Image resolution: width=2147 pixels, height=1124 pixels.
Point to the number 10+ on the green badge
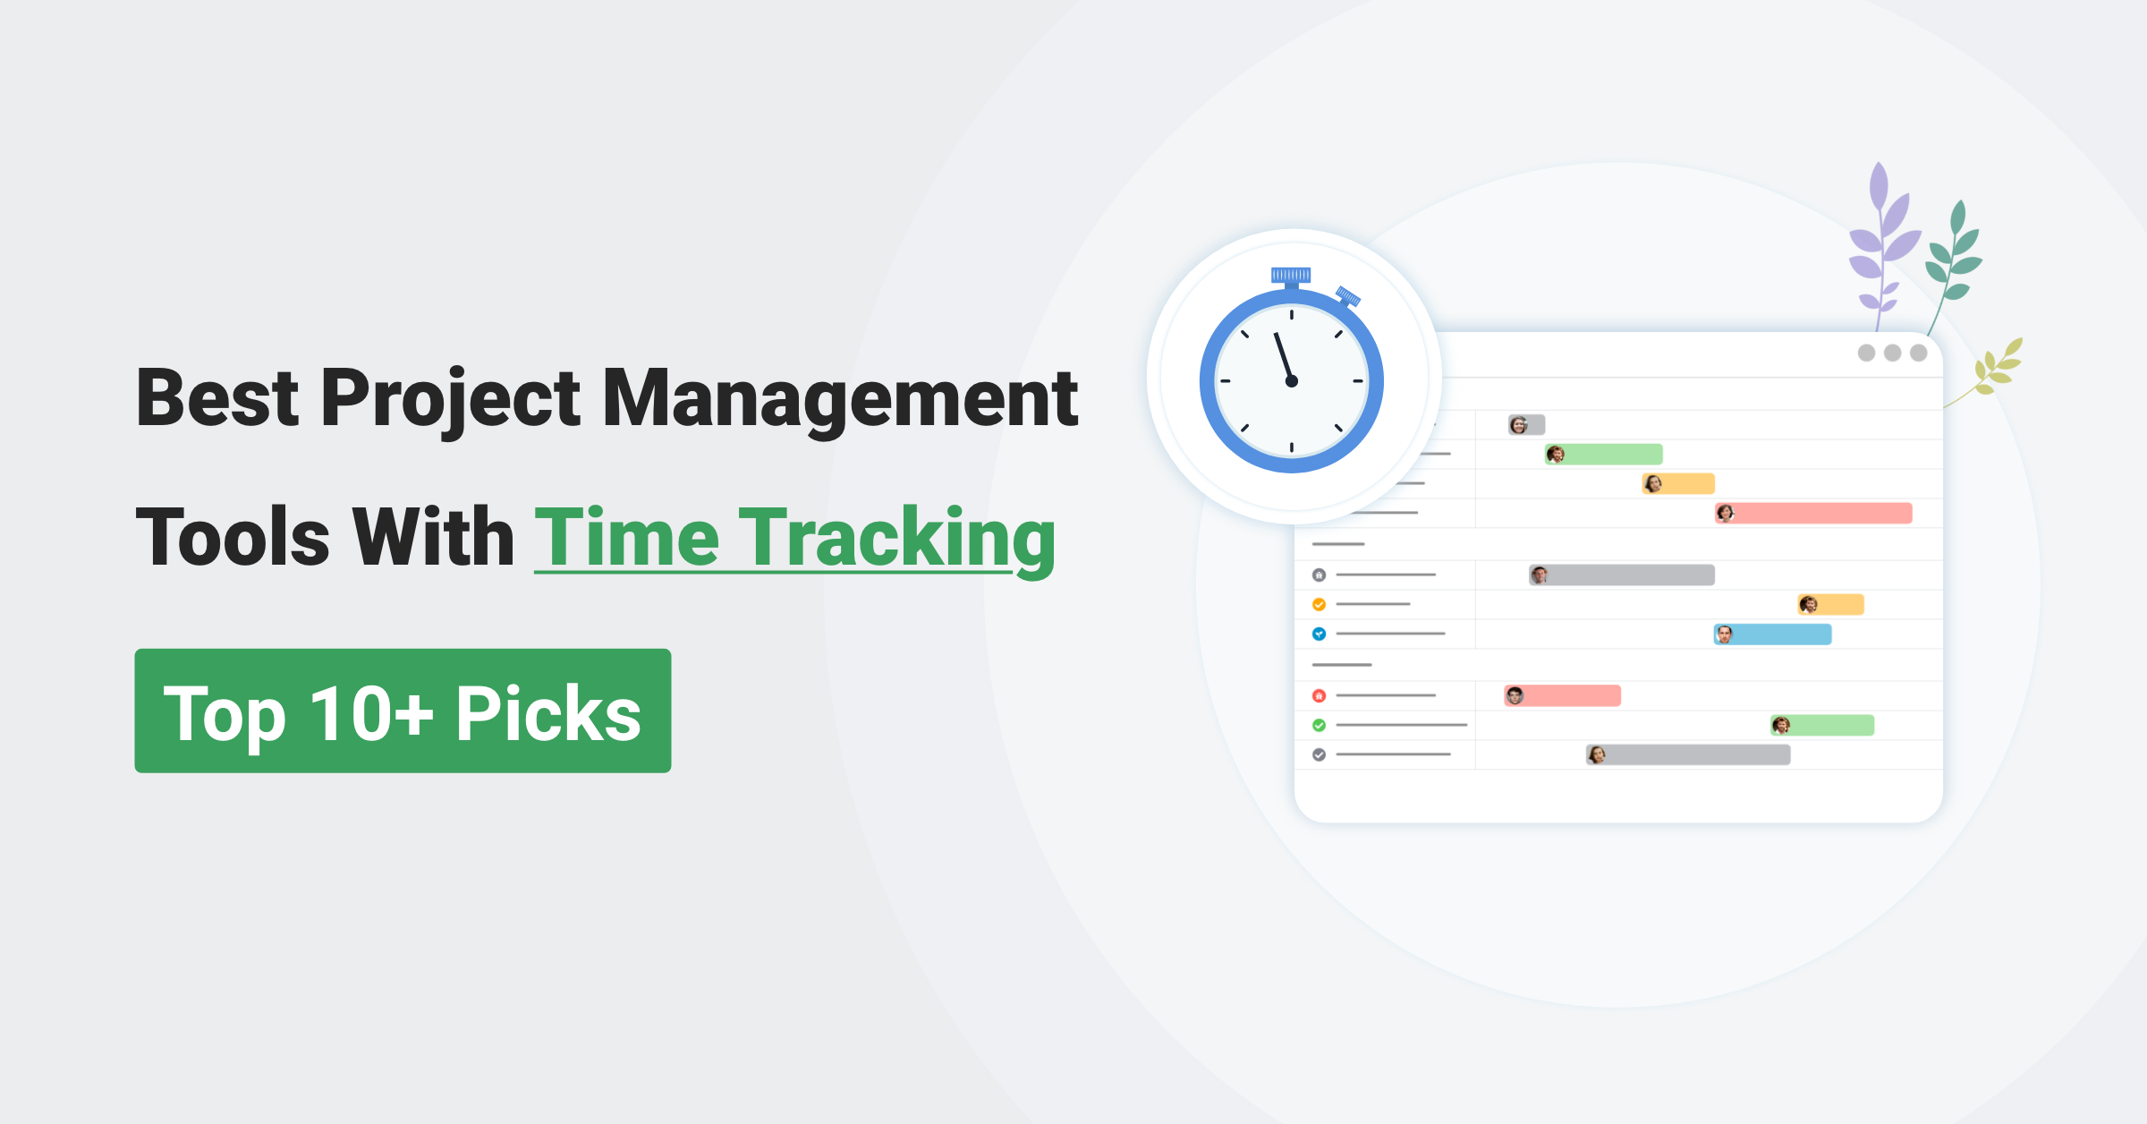371,714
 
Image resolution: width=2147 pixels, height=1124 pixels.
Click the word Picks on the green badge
548,714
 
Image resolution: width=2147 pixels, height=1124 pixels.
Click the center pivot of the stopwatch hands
1291,381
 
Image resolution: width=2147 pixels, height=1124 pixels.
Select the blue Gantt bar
1772,634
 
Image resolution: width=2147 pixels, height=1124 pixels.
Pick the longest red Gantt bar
1813,513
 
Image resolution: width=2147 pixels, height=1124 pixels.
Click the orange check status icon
1319,604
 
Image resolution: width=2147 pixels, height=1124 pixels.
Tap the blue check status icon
1319,634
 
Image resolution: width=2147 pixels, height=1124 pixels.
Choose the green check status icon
1319,725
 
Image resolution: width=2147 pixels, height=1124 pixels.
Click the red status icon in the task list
1319,695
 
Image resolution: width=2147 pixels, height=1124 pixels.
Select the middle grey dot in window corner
1892,353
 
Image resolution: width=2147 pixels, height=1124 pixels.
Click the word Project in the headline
450,399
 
